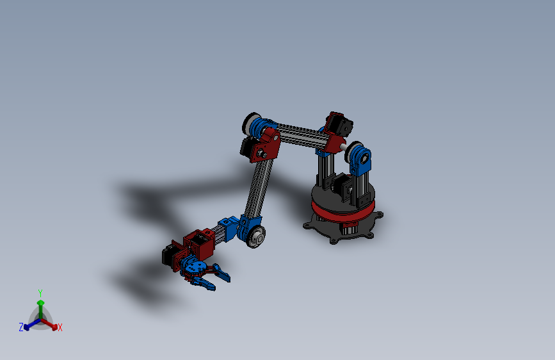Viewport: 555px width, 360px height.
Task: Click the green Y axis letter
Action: pyautogui.click(x=40, y=293)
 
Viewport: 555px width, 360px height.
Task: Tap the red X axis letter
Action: pyautogui.click(x=60, y=327)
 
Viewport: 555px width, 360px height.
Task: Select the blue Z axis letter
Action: pyautogui.click(x=21, y=327)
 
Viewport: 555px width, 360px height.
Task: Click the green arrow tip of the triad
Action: pyautogui.click(x=41, y=303)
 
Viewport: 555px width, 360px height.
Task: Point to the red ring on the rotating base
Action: pyautogui.click(x=342, y=211)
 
